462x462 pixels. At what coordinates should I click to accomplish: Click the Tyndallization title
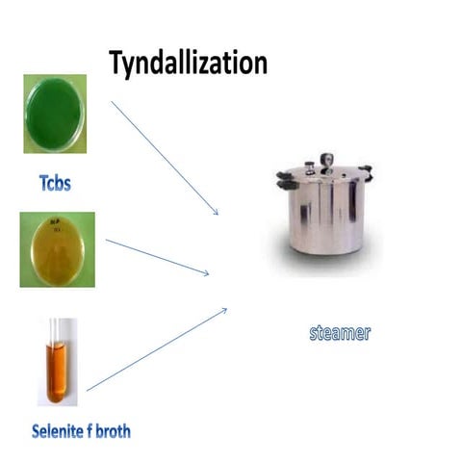[x=188, y=63]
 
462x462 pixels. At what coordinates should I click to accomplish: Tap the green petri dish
[x=55, y=114]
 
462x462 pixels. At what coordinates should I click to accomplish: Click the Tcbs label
[x=55, y=180]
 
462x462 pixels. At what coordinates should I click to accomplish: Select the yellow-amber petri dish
[x=55, y=249]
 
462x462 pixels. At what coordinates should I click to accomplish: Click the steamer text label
[x=339, y=333]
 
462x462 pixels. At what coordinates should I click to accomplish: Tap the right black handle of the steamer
[x=366, y=174]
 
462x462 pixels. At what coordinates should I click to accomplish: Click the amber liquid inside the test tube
[x=57, y=376]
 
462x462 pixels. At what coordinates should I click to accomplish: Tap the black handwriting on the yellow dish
[x=54, y=228]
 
